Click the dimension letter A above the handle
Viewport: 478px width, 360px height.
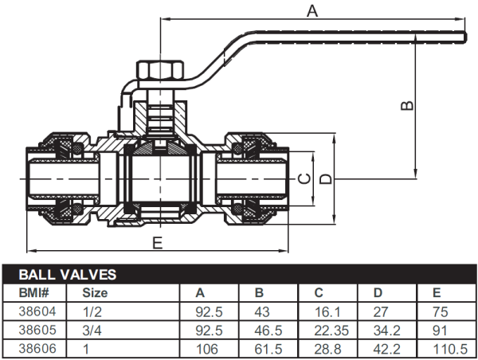(x=312, y=10)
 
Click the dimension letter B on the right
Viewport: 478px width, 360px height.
(x=406, y=106)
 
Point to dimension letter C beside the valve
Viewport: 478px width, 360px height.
(x=303, y=179)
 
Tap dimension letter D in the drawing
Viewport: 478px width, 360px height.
(x=324, y=179)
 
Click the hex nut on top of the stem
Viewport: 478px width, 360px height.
(x=153, y=71)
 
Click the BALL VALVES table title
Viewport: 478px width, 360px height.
(x=68, y=275)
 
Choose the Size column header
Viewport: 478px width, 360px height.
(x=96, y=292)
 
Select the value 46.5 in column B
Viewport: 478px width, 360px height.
(x=267, y=328)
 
